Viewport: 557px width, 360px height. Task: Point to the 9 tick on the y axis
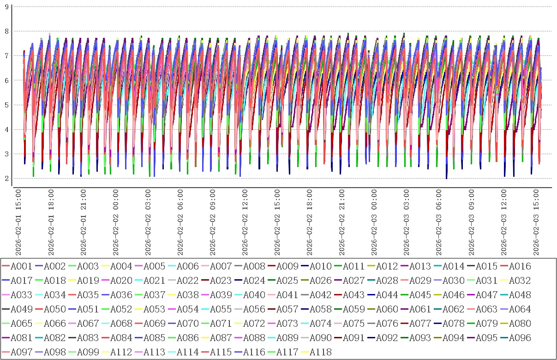click(x=6, y=7)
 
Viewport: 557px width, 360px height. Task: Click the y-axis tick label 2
click(x=6, y=179)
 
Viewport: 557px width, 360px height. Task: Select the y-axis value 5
click(x=6, y=105)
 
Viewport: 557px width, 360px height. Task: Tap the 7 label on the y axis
click(x=6, y=56)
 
